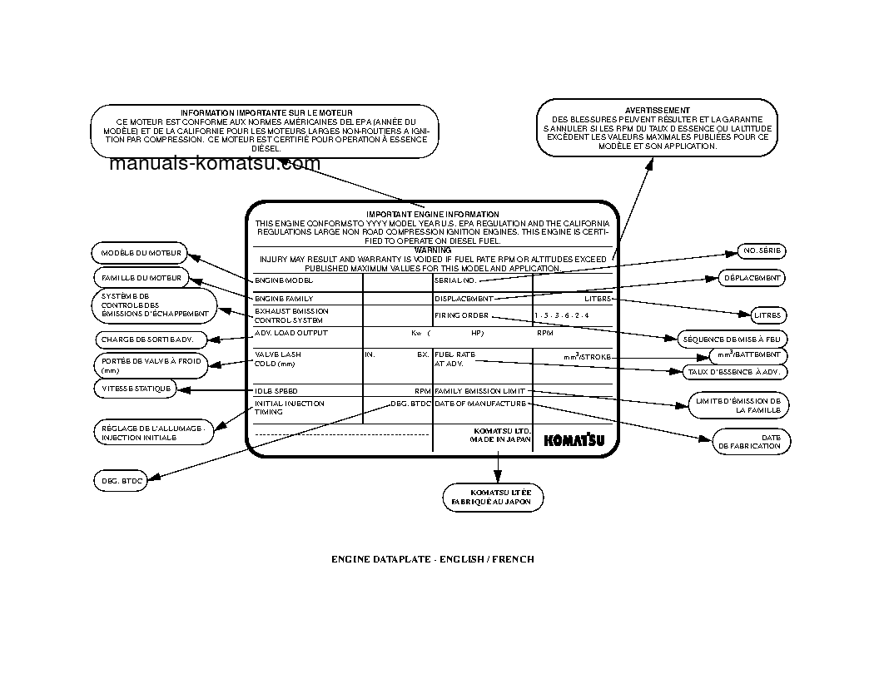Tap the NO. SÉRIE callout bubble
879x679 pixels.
pyautogui.click(x=762, y=250)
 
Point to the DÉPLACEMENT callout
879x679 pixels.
pyautogui.click(x=752, y=278)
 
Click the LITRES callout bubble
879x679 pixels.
pyautogui.click(x=766, y=315)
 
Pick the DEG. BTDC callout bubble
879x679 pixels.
pyautogui.click(x=118, y=480)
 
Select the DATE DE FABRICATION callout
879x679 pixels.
pyautogui.click(x=751, y=441)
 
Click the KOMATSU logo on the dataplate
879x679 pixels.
pyautogui.click(x=574, y=440)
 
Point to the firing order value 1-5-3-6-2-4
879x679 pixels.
pyautogui.click(x=561, y=316)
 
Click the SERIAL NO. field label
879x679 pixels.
pyautogui.click(x=455, y=281)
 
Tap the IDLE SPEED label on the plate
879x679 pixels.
pyautogui.click(x=276, y=390)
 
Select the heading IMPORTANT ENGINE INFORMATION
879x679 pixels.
pyautogui.click(x=432, y=215)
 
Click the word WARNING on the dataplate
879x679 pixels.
pyautogui.click(x=432, y=250)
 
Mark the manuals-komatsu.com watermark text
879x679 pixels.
pyautogui.click(x=214, y=164)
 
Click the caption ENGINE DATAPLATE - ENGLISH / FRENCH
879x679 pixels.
pyautogui.click(x=433, y=559)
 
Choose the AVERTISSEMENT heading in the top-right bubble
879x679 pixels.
pyautogui.click(x=657, y=110)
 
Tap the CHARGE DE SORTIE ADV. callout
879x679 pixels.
pyautogui.click(x=146, y=339)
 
